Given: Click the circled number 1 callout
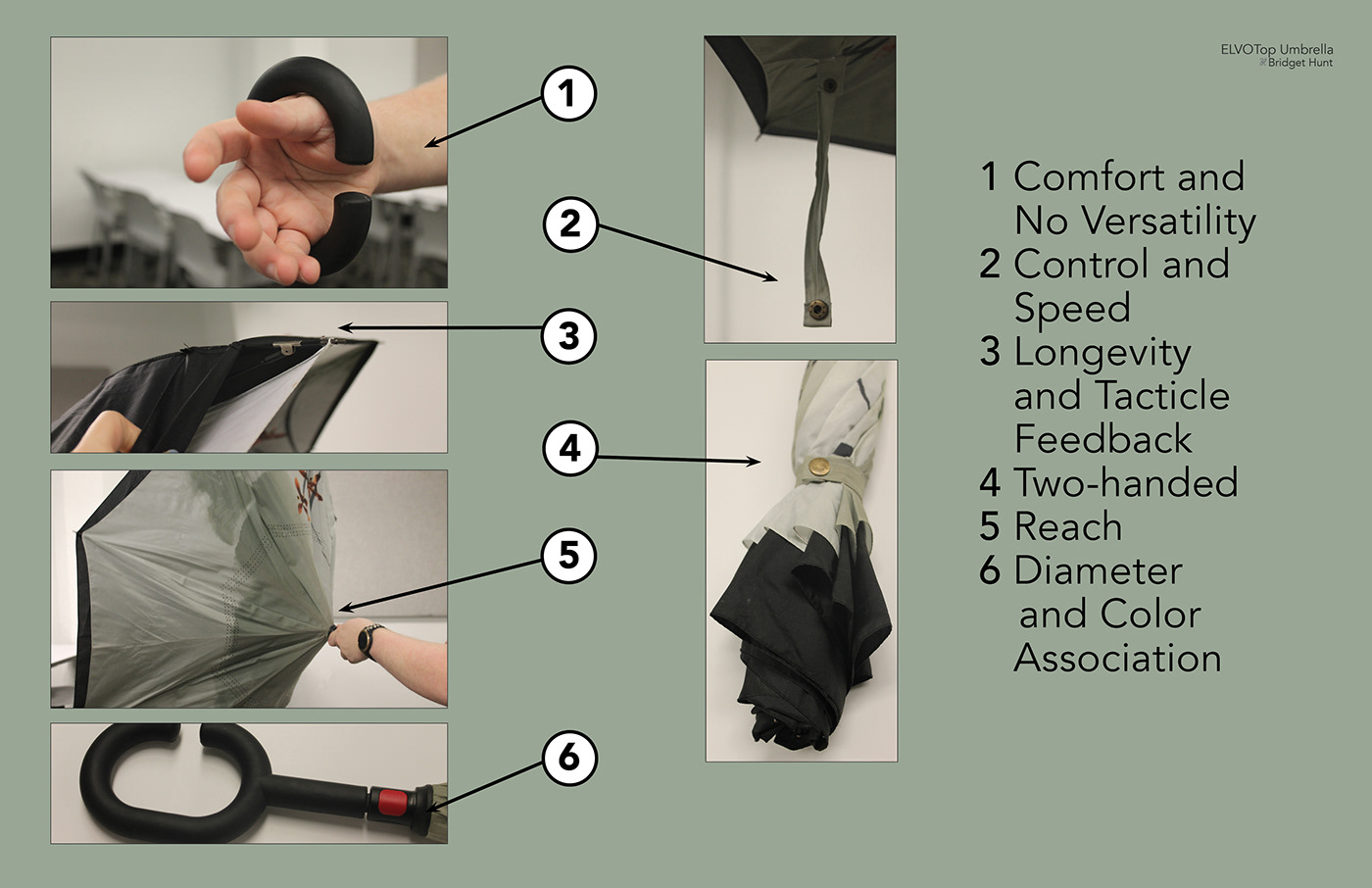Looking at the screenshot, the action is pos(568,94).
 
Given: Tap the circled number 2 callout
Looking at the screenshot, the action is pos(569,223).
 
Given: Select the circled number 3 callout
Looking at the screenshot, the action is pos(569,336).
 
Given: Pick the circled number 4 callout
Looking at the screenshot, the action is pos(569,449).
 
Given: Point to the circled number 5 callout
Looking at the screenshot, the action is pos(569,556).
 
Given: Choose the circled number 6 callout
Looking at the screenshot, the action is pos(569,758).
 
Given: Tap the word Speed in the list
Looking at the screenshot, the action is pos(1072,308).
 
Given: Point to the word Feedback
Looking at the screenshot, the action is pos(1103,438).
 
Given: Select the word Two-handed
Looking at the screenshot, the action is pos(1126,482).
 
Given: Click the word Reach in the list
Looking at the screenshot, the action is pos(1068,526).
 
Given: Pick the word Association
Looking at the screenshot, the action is pos(1118,658).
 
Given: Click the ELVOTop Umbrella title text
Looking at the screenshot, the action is pos(1276,50).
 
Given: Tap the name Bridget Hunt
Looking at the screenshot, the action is pos(1300,63).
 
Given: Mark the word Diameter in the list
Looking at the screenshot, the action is pos(1099,570).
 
